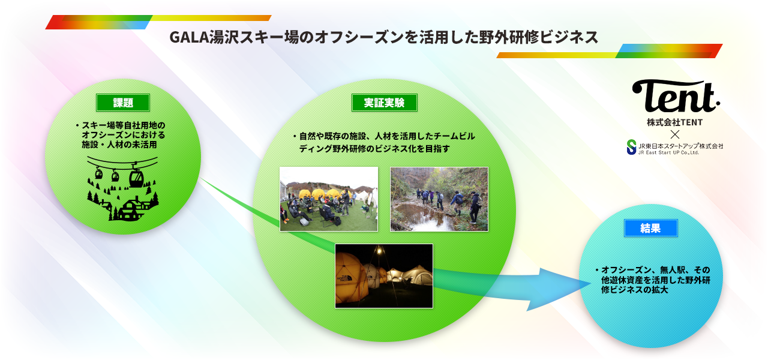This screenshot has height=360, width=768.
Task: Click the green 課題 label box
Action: [123, 103]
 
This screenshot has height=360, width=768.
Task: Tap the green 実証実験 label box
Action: [385, 103]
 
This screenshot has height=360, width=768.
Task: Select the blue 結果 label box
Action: [651, 228]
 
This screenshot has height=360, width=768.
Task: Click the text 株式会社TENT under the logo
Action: [675, 122]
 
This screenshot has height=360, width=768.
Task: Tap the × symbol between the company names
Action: [675, 134]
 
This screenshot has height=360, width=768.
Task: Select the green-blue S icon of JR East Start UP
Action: [631, 147]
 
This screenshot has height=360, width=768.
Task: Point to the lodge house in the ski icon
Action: [130, 209]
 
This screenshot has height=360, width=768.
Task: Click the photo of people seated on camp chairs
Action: [329, 199]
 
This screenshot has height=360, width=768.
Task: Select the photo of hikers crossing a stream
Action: [439, 199]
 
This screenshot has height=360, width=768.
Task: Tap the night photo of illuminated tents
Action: [384, 276]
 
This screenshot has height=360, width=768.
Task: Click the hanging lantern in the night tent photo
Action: [379, 251]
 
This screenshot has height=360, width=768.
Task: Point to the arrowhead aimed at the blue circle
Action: [559, 288]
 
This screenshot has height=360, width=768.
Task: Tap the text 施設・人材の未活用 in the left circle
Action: [119, 145]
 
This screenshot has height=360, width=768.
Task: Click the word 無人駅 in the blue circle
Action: [673, 270]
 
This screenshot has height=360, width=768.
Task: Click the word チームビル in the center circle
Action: [454, 136]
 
